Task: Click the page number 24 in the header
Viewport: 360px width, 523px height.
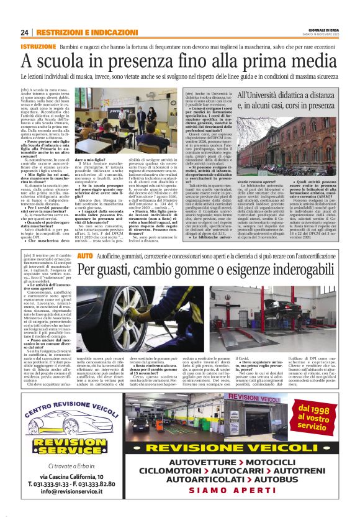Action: pyautogui.click(x=25, y=32)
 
